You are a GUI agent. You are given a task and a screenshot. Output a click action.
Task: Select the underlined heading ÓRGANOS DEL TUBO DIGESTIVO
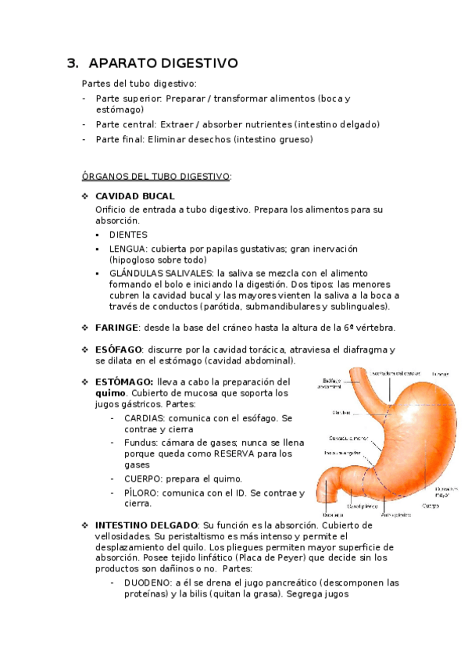[x=155, y=177]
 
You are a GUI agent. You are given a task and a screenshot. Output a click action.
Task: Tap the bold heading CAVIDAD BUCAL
[x=134, y=196]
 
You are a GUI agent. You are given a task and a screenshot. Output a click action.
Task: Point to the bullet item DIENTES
[x=128, y=235]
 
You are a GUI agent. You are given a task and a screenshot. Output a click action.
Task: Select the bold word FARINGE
[x=117, y=328]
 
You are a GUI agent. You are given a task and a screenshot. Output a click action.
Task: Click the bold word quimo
[x=109, y=392]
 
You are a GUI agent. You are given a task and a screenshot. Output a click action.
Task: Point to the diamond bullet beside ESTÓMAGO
[x=85, y=382]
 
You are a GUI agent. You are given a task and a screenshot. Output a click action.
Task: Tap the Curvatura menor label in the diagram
[x=348, y=438]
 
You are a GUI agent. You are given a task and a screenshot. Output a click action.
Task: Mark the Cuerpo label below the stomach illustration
[x=430, y=506]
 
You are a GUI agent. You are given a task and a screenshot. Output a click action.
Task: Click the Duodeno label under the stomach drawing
[x=333, y=515]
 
